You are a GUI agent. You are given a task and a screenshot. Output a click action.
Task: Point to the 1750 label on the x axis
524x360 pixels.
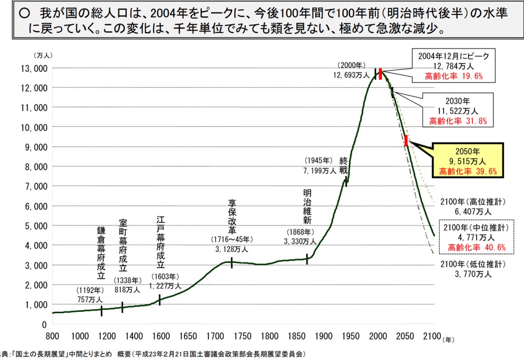[x=242, y=336]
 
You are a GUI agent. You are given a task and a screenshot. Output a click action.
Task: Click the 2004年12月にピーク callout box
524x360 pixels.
[x=453, y=66]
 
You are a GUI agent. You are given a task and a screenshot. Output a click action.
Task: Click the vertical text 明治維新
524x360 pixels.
[x=307, y=206]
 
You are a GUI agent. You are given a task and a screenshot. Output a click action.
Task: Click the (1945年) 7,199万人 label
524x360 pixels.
[x=319, y=166]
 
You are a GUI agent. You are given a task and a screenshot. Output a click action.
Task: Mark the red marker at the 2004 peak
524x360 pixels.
[x=380, y=74]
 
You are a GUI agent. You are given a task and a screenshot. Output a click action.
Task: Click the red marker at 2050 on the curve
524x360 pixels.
[x=406, y=140]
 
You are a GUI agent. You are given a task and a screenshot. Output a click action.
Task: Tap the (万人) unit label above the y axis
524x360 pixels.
[x=43, y=55]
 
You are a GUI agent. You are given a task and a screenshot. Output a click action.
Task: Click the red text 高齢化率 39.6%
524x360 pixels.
[x=468, y=171]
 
